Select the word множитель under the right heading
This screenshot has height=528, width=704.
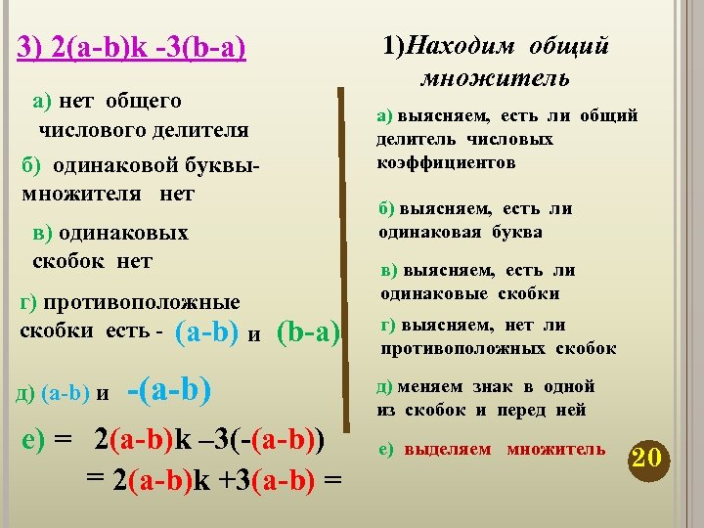pyautogui.click(x=497, y=77)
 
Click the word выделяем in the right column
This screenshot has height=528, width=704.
pyautogui.click(x=449, y=449)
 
